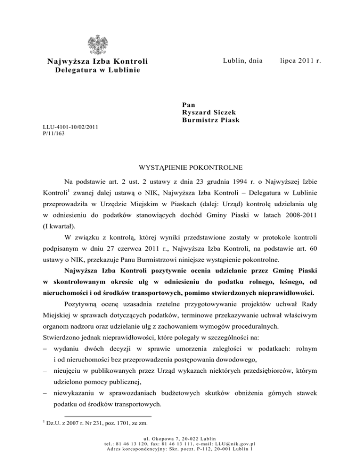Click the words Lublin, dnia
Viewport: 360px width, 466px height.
click(x=242, y=60)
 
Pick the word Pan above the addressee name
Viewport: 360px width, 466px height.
click(x=188, y=104)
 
